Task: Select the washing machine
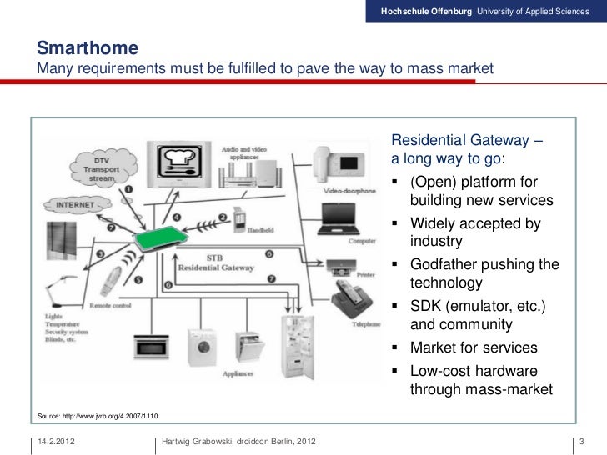click(x=201, y=347)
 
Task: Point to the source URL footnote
click(x=96, y=415)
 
